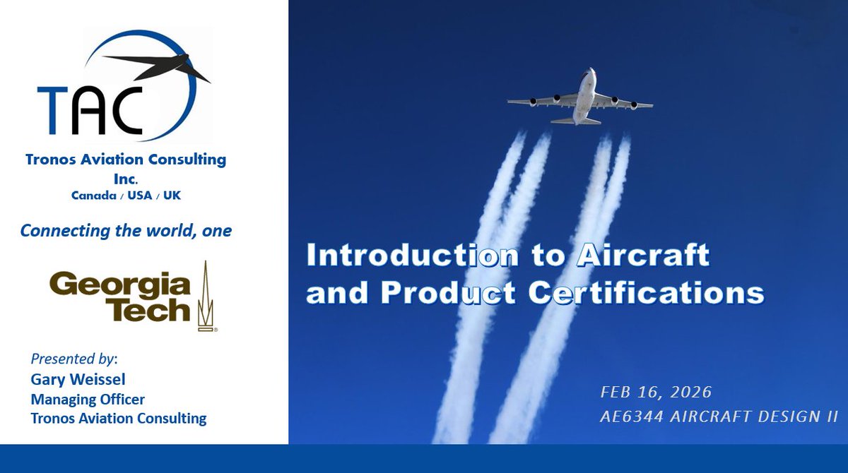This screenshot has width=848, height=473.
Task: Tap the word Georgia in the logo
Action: click(120, 285)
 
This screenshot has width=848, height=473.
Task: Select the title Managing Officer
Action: click(88, 400)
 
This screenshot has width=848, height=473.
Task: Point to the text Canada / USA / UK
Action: click(126, 195)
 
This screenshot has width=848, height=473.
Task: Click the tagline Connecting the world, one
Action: click(126, 231)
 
